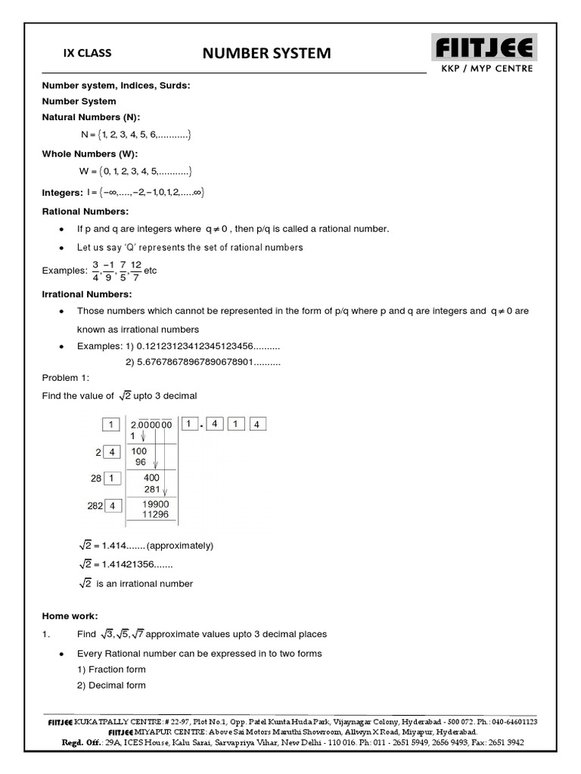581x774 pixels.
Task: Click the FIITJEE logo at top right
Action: (x=485, y=49)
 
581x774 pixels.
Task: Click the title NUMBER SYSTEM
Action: (x=266, y=53)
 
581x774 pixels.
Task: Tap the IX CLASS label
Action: (x=87, y=53)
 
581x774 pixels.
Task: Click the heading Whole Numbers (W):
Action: (x=89, y=153)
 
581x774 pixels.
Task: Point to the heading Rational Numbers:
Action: (x=85, y=211)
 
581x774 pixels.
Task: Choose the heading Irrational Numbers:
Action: (x=87, y=294)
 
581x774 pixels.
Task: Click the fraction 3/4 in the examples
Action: (x=96, y=270)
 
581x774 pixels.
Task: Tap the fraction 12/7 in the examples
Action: (x=136, y=270)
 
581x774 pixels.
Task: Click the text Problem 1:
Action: (x=66, y=378)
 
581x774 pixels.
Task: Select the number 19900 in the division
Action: (x=155, y=504)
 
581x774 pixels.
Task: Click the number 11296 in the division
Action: (x=155, y=515)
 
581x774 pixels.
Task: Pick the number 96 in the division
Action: (x=140, y=462)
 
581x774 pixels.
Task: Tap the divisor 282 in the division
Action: (x=95, y=506)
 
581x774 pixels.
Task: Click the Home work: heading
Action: (x=70, y=616)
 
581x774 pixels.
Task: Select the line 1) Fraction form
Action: (x=111, y=669)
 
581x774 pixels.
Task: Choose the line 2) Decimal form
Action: (x=111, y=686)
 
